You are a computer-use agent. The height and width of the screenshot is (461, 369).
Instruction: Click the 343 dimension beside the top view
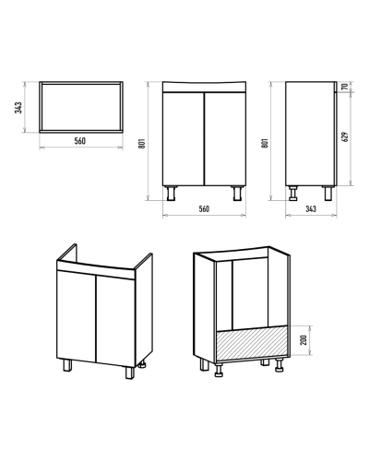18,108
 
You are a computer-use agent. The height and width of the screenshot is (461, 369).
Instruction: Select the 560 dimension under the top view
80,141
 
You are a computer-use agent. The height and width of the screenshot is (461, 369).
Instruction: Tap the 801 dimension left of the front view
142,143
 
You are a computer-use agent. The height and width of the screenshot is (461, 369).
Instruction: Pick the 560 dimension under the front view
204,209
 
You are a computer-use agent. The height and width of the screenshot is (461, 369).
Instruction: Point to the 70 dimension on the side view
346,87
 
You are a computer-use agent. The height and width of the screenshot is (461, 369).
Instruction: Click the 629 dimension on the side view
346,136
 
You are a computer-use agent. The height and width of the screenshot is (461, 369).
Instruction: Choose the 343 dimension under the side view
311,209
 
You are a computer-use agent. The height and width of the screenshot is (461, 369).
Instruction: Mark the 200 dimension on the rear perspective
304,340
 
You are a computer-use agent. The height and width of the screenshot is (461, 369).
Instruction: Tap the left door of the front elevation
184,139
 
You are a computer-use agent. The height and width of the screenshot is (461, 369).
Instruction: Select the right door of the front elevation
225,139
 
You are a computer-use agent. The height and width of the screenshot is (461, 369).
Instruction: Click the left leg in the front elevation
171,194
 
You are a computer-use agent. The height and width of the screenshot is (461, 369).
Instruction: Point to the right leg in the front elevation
237,194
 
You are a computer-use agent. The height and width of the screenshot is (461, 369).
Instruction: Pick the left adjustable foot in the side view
293,194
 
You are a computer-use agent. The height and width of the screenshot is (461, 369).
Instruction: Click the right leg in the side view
328,194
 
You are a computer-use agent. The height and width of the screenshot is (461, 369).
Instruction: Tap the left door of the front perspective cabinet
77,315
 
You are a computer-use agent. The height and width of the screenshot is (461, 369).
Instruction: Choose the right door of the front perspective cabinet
116,321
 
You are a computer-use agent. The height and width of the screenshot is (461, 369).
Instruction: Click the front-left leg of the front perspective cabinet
67,365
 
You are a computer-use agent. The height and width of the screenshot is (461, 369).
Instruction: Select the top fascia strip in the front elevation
204,87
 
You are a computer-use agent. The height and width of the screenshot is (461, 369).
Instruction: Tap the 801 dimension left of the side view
265,143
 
